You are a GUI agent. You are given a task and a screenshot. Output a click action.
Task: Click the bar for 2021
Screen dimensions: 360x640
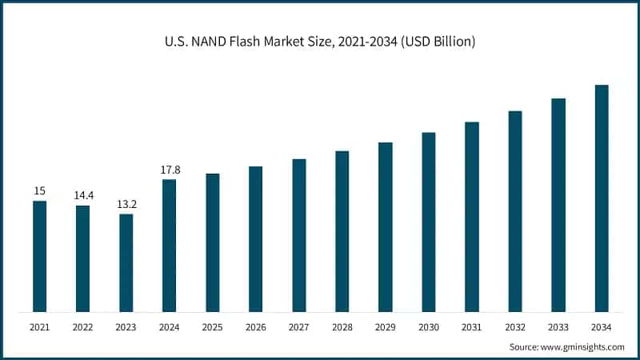(x=39, y=256)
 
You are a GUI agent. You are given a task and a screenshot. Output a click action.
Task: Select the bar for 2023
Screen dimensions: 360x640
(x=126, y=262)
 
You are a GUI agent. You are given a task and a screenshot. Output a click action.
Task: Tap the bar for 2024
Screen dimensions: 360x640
(x=169, y=246)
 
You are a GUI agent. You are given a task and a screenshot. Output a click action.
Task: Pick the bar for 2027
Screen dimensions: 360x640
(x=298, y=235)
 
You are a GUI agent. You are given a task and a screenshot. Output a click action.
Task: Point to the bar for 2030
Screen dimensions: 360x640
(x=429, y=222)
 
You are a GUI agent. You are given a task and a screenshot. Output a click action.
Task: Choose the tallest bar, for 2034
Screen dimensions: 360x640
(x=602, y=198)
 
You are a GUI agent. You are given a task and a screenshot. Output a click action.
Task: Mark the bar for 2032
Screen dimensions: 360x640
(x=515, y=211)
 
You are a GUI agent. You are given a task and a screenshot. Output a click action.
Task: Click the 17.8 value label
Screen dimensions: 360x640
(x=170, y=170)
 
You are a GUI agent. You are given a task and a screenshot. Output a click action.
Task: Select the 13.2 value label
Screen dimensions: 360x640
(x=126, y=203)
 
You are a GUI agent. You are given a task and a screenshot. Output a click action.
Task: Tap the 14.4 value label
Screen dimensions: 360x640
(x=83, y=195)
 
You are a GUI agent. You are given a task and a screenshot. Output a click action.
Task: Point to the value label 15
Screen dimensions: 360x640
(x=39, y=190)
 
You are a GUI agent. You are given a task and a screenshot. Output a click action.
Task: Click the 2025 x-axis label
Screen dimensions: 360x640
(x=212, y=327)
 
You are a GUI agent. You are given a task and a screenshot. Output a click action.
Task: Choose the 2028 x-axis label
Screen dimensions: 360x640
(x=342, y=327)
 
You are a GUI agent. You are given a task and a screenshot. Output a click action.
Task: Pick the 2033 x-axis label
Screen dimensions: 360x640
(x=558, y=327)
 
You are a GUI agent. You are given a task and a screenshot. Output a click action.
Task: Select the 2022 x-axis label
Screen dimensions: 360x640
(x=82, y=327)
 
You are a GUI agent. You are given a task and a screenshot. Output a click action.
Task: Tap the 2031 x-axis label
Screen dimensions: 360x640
(x=472, y=327)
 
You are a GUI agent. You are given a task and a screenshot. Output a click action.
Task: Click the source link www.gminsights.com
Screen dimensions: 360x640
(x=583, y=346)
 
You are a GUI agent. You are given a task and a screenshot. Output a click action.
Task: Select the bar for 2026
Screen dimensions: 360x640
(x=255, y=239)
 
